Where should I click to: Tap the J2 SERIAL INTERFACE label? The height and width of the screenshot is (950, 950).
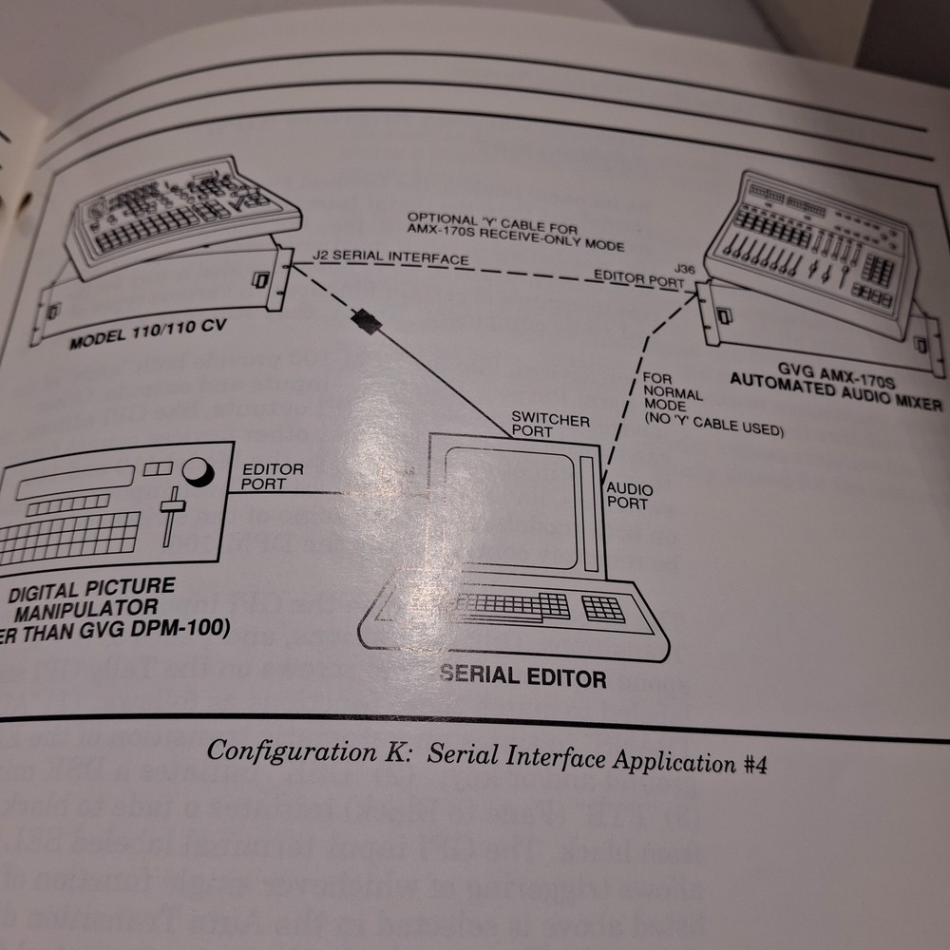[390, 257]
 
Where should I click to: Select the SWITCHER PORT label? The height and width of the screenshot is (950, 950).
[550, 426]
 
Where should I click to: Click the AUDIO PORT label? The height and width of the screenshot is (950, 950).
[629, 495]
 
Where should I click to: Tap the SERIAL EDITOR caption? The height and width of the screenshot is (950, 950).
[522, 677]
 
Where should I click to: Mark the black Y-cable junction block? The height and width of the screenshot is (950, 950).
[367, 322]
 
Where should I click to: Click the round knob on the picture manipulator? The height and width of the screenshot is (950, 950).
[197, 472]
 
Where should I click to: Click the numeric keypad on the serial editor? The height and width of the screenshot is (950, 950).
[603, 607]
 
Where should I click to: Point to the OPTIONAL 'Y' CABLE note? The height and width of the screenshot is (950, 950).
[515, 231]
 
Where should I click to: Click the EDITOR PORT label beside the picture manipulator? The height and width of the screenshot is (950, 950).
[273, 477]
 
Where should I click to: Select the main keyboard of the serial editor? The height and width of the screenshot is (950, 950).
[509, 606]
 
